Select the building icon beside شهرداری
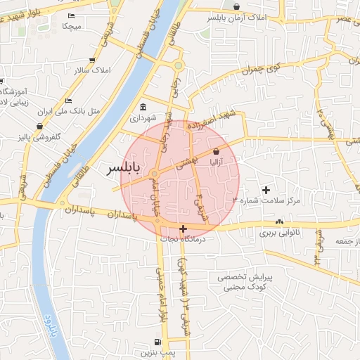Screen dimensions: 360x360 [143, 107]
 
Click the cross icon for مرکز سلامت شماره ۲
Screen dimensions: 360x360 [266, 190]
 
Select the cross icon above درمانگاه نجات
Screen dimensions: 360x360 [183, 229]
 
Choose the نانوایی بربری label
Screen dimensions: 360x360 [280, 232]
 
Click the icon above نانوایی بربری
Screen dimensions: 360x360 [280, 221]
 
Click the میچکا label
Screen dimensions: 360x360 [72, 26]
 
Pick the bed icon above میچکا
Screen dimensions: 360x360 [71, 15]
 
